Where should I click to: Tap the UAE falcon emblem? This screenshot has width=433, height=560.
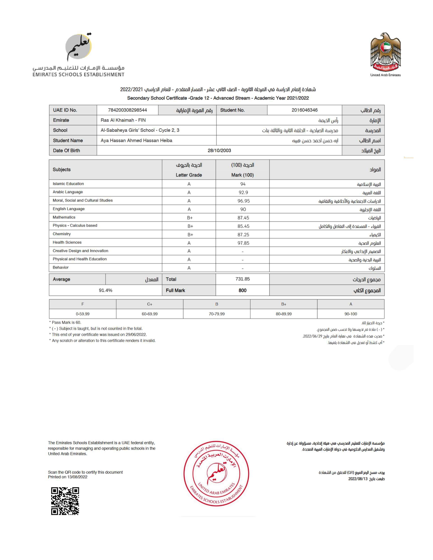point(385,53)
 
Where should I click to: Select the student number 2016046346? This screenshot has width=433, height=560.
point(304,110)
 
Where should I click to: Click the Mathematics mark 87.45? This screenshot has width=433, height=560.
point(243,218)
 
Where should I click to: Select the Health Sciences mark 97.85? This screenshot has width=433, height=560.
point(243,243)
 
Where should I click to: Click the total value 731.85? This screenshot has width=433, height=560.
point(242,279)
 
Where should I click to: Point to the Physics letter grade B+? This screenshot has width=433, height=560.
point(190,226)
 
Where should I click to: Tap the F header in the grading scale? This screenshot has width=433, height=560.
point(83,304)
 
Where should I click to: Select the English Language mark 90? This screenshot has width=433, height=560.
point(243,209)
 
